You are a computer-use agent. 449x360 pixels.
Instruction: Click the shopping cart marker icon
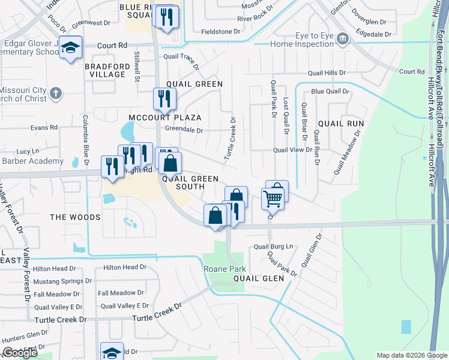click(273, 197)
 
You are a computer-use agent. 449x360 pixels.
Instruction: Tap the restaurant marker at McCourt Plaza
click(164, 99)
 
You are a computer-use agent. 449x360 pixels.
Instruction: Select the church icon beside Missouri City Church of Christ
click(55, 94)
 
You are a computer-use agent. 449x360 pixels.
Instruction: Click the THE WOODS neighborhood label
click(75, 217)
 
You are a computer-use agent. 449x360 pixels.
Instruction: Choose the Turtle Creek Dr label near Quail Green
click(230, 139)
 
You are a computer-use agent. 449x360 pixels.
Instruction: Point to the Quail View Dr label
click(292, 151)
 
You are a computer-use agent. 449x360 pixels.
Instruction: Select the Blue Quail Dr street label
click(330, 91)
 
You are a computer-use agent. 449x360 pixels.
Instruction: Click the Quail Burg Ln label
click(273, 247)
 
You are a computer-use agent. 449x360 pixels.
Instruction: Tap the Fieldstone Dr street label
click(220, 31)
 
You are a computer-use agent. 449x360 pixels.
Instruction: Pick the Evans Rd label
click(44, 128)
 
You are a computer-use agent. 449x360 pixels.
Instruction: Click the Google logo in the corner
click(20, 353)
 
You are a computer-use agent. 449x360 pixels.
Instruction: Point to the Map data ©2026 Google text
click(411, 355)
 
